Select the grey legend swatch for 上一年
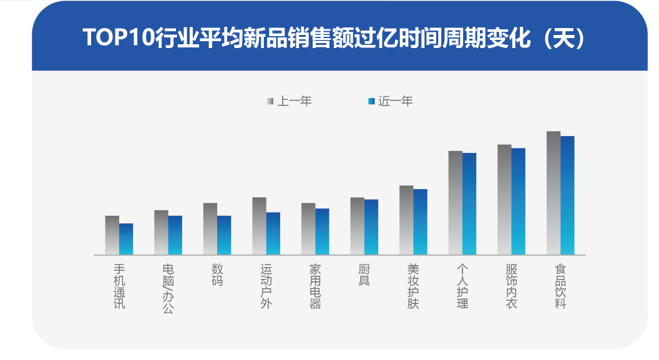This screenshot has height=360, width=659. [270, 101]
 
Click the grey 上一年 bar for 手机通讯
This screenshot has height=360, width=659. [112, 235]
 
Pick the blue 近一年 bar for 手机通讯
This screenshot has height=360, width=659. [126, 239]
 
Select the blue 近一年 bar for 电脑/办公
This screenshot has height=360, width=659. [175, 235]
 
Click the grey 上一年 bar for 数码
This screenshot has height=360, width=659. [210, 229]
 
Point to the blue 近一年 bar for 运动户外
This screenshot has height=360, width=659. [273, 233]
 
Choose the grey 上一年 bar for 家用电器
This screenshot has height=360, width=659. [308, 229]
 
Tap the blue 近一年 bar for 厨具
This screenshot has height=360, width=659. [371, 227]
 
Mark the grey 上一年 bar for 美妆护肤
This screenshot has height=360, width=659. [406, 220]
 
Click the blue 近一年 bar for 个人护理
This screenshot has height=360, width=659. [469, 204]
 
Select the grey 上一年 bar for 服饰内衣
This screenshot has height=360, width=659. [504, 200]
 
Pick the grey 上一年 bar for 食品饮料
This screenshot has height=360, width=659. [554, 193]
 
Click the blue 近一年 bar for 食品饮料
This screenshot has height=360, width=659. [567, 195]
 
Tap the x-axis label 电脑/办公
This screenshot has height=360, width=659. [168, 288]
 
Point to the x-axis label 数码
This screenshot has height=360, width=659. [217, 275]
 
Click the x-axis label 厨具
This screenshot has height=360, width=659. [364, 275]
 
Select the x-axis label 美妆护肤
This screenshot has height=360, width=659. [413, 286]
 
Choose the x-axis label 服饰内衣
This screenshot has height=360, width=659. [511, 286]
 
